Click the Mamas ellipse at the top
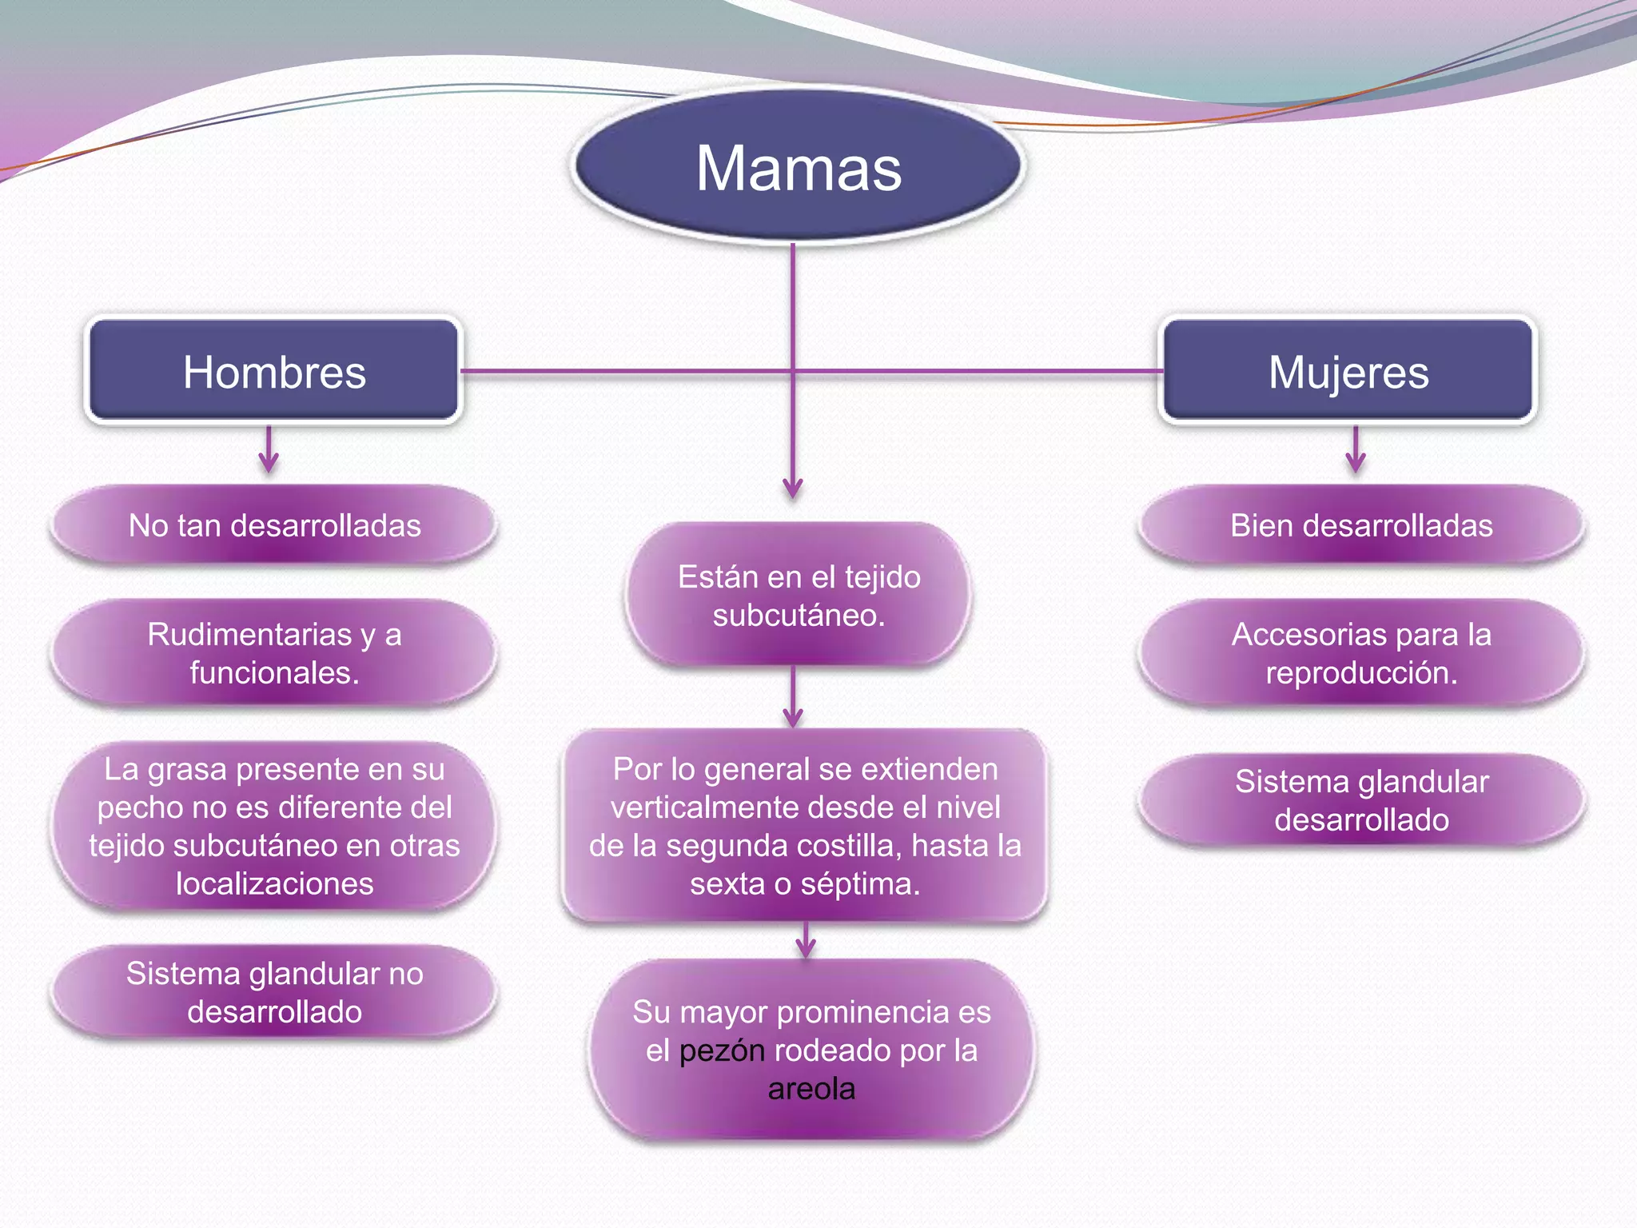click(x=798, y=166)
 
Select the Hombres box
click(x=273, y=371)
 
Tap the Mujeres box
click(x=1348, y=371)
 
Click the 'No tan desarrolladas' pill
click(x=274, y=525)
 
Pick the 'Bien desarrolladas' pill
click(x=1360, y=525)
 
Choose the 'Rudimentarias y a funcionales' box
click(x=274, y=653)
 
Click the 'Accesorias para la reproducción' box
click(x=1360, y=653)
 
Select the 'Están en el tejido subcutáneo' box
click(x=798, y=596)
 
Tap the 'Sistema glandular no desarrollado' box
click(x=274, y=992)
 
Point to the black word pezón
click(x=722, y=1051)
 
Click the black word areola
click(x=811, y=1089)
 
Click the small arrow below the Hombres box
click(x=269, y=452)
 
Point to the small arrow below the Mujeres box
click(x=1355, y=452)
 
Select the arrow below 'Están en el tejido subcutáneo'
click(x=793, y=700)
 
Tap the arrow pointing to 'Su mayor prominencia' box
click(x=806, y=941)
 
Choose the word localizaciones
click(x=274, y=884)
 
